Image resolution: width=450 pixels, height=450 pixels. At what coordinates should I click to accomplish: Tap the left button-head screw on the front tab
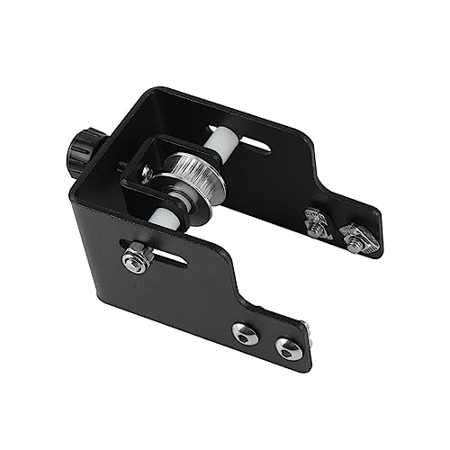pos(244,334)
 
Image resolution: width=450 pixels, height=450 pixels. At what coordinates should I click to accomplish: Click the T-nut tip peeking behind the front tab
pos(308,331)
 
